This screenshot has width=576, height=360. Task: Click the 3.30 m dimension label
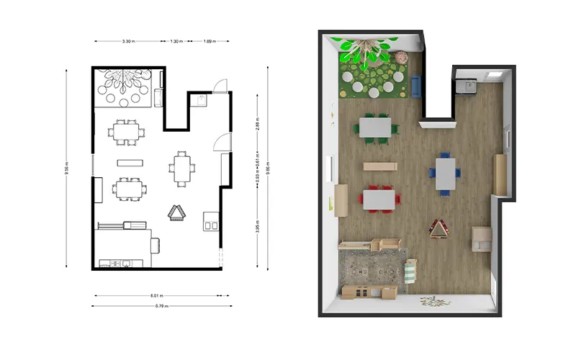127,42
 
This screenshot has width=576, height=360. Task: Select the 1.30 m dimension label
175,42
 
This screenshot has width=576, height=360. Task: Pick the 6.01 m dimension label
156,295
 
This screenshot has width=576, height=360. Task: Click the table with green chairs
375,126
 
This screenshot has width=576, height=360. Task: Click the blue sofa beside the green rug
415,85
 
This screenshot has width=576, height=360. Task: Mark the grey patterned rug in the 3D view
371,269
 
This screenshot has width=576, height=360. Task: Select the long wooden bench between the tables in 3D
379,166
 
